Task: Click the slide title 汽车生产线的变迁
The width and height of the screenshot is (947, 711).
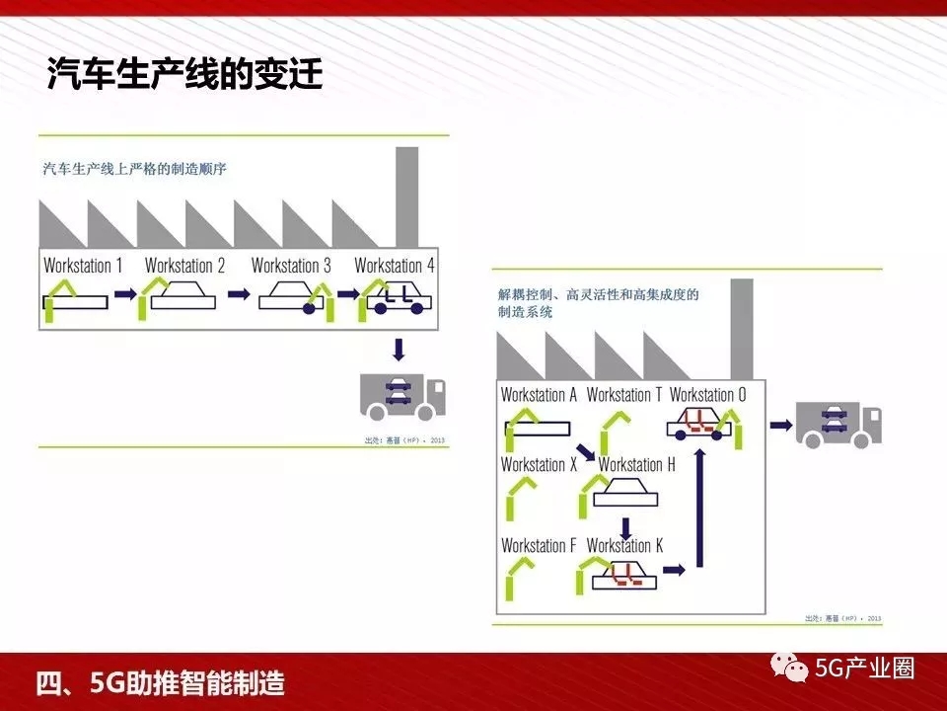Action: (185, 75)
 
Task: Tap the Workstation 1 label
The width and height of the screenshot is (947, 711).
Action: (84, 266)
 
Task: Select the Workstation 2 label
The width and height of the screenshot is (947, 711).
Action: (185, 266)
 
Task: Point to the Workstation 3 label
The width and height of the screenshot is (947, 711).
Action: (292, 266)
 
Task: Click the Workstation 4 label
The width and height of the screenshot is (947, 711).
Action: (395, 266)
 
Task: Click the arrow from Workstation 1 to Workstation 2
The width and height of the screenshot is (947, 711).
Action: (125, 294)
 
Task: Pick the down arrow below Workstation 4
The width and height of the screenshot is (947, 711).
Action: (399, 350)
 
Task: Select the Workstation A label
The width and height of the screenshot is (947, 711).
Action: (539, 395)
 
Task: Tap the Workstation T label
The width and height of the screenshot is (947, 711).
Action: (624, 395)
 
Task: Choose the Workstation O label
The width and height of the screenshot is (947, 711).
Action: (708, 395)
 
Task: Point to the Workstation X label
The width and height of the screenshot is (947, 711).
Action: (539, 464)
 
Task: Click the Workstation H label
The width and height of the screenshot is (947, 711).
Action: (637, 464)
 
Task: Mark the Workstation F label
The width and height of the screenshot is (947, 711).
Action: (539, 545)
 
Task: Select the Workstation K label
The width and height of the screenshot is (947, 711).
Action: (625, 545)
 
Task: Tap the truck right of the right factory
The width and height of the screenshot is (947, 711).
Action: (838, 425)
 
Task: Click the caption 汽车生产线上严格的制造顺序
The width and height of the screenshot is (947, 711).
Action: (135, 169)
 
